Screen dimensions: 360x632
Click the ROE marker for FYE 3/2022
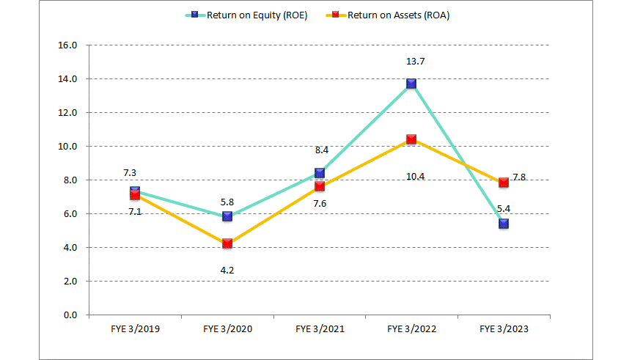[411, 84]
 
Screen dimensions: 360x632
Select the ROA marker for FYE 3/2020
[227, 243]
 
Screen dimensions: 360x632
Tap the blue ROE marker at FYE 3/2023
[504, 224]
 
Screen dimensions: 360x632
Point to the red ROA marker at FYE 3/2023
[504, 183]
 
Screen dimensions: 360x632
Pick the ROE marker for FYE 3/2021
[320, 173]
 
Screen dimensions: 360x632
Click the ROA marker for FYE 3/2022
[411, 139]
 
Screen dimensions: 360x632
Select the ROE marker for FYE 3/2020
[227, 216]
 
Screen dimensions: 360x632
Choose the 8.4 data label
[320, 150]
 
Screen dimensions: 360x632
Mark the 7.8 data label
[519, 177]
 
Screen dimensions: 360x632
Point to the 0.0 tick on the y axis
[70, 315]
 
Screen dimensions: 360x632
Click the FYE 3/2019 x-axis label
[135, 330]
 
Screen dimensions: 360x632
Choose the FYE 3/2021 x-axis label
[320, 330]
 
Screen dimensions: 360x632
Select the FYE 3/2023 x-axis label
[504, 330]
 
